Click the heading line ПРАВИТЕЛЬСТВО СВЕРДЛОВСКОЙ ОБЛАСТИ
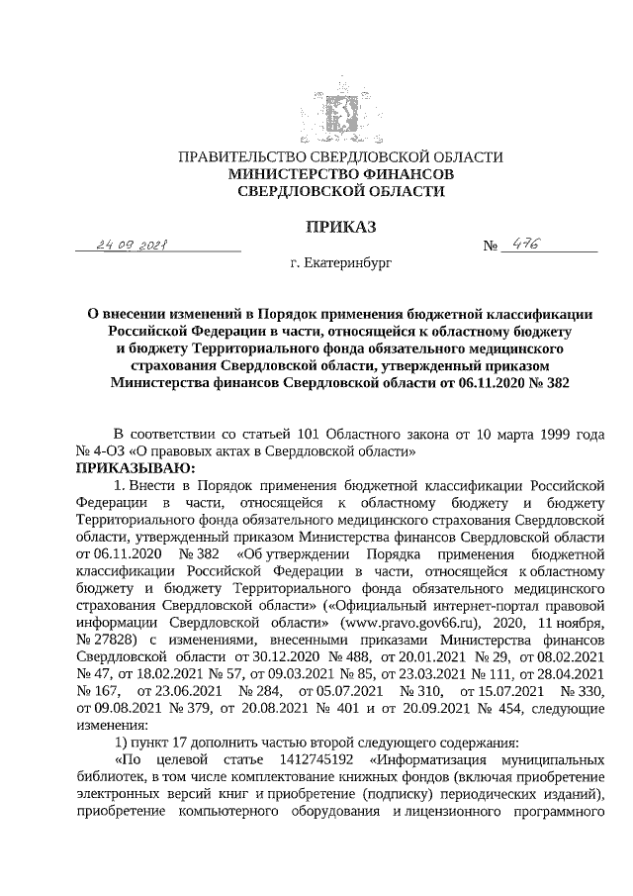(x=339, y=157)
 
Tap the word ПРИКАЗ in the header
(x=339, y=227)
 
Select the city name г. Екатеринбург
(x=340, y=265)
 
